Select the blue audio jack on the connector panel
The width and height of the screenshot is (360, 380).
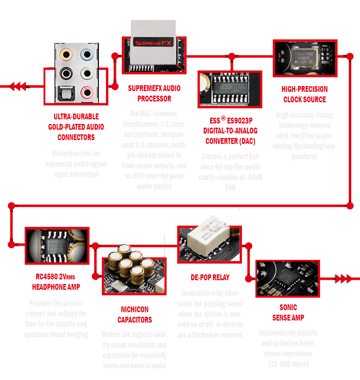tap(86, 54)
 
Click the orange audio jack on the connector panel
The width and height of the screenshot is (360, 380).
tap(65, 54)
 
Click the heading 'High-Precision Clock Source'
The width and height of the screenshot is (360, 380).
tap(305, 94)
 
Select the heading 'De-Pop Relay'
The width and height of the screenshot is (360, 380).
tap(210, 277)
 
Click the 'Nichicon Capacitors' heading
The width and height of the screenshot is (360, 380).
tap(134, 315)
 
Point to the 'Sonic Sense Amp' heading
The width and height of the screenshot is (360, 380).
tap(288, 313)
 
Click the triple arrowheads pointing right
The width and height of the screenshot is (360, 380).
tap(343, 279)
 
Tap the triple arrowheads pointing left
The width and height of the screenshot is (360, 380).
tap(17, 86)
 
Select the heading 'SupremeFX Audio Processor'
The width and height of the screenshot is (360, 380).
tap(154, 94)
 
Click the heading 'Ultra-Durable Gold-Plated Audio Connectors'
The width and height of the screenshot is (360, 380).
tap(76, 127)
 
